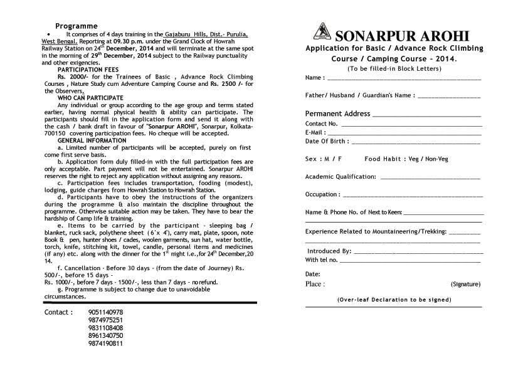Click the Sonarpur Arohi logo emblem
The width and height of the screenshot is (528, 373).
322,31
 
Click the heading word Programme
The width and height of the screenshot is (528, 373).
77,26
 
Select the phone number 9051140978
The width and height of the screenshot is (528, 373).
106,312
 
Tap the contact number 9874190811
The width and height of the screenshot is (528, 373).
106,344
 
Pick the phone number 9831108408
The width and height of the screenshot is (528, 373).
106,328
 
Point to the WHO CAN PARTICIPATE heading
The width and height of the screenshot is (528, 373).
90,98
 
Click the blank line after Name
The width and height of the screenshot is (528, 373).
404,78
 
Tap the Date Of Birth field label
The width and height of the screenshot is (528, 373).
327,142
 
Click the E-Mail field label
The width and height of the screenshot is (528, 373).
316,133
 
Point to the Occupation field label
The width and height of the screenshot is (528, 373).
322,194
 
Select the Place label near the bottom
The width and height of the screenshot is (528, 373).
315,285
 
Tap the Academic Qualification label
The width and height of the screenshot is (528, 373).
341,177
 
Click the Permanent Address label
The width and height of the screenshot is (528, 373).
337,114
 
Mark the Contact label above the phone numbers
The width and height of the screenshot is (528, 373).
58,312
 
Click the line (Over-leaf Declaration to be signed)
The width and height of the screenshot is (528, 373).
394,300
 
